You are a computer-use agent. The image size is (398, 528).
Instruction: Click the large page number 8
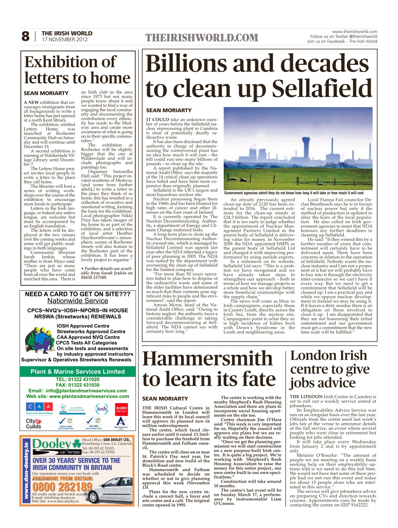click(26, 37)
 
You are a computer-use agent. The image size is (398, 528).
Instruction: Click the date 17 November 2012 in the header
click(65, 40)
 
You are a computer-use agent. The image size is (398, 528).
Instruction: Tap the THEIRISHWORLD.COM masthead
click(201, 38)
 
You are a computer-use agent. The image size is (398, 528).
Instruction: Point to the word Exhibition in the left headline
click(70, 62)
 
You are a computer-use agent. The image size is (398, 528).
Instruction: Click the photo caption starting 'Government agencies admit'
click(294, 193)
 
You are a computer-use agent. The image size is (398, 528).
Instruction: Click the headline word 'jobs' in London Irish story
click(304, 383)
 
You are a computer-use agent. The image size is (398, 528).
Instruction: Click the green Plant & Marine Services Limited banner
click(77, 371)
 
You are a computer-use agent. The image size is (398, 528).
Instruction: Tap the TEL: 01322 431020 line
click(77, 379)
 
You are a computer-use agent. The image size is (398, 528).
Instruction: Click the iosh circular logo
click(101, 409)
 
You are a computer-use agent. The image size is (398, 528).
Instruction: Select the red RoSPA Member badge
click(121, 409)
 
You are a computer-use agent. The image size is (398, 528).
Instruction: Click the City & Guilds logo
click(33, 423)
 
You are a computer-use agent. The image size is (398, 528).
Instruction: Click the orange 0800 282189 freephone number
click(62, 487)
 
